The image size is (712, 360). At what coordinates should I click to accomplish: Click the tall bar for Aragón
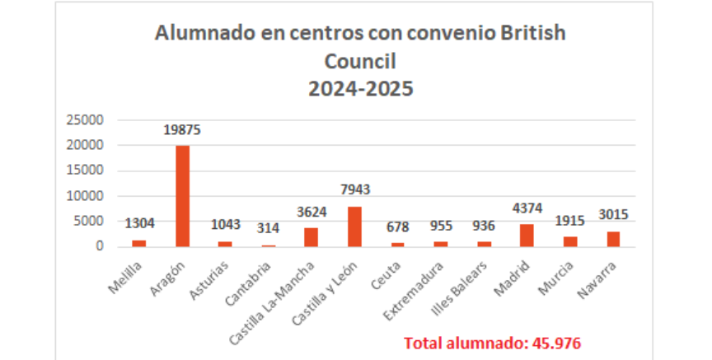[182, 196]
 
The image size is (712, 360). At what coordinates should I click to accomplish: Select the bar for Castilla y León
[354, 227]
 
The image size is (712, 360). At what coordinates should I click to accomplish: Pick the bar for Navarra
[611, 239]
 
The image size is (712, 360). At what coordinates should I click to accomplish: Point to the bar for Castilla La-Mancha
[311, 237]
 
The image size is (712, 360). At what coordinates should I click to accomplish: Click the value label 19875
[182, 129]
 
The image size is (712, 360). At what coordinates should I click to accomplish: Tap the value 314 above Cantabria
[268, 228]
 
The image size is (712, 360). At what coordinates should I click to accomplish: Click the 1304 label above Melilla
[139, 223]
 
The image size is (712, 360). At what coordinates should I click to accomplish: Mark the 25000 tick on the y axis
[86, 120]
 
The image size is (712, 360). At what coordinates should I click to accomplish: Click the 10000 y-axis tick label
[86, 196]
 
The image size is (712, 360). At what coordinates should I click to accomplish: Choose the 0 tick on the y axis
[100, 246]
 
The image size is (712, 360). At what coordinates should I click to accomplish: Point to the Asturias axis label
[212, 275]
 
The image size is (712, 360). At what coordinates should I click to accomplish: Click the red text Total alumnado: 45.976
[493, 343]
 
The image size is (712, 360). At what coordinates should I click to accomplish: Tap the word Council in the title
[360, 61]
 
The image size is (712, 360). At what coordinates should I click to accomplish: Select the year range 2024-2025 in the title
[360, 88]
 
